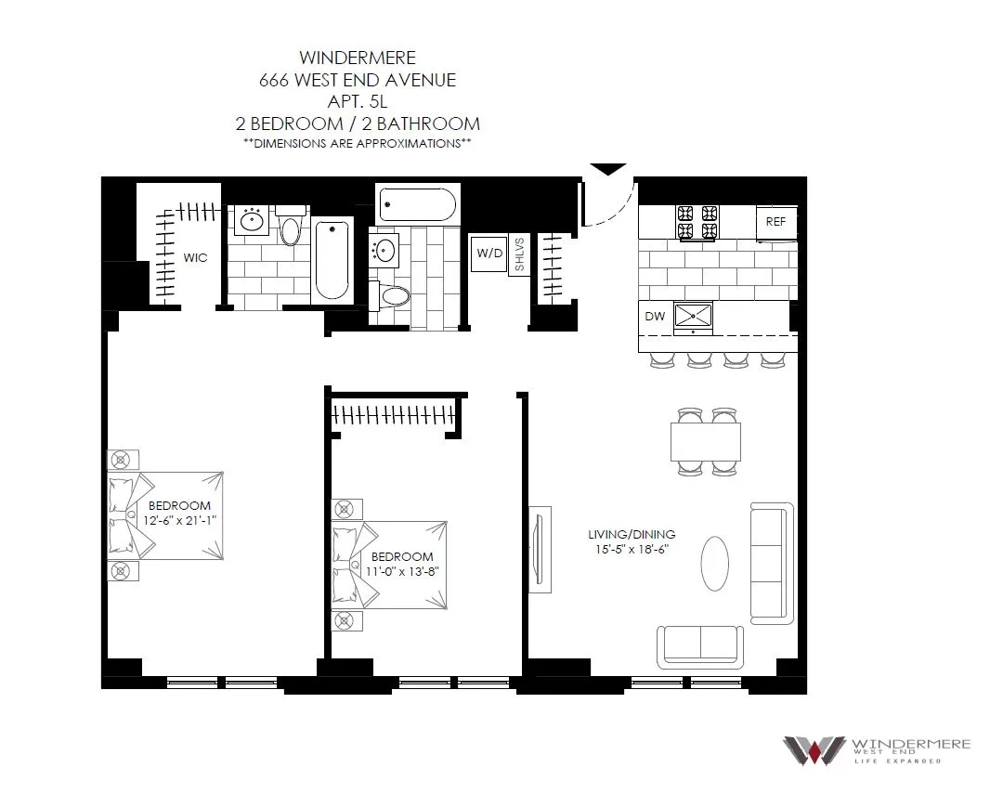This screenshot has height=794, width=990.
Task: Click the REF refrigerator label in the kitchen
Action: [775, 223]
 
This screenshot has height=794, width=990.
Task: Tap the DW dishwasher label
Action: [655, 317]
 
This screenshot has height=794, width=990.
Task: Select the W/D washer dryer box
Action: [488, 253]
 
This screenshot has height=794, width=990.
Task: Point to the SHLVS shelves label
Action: [519, 257]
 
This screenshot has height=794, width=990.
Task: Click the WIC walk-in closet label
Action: [194, 257]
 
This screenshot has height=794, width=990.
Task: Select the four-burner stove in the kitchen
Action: [697, 222]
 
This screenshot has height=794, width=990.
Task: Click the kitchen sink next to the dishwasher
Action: [693, 316]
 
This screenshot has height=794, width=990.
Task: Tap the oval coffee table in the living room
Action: [715, 563]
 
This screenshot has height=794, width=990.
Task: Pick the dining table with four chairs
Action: [706, 441]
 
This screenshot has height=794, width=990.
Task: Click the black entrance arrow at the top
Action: [609, 169]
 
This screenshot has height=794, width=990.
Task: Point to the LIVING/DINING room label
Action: [631, 535]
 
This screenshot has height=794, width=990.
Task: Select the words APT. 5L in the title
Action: [357, 101]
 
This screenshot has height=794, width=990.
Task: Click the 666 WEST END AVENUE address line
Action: [357, 80]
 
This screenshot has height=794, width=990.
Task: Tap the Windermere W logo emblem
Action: [813, 749]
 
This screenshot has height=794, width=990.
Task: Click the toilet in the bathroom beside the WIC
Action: [291, 228]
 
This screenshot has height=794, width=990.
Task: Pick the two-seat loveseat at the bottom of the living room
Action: [700, 645]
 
